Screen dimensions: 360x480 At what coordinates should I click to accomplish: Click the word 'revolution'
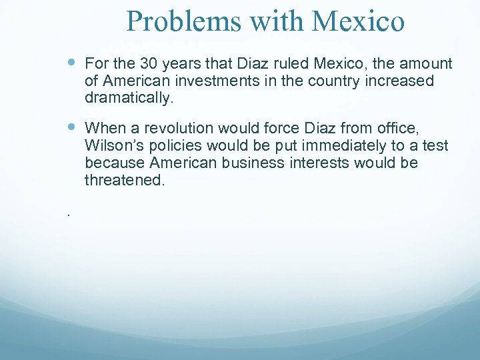tap(193, 127)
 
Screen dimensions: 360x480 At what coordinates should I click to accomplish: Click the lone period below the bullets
tap(68, 215)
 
